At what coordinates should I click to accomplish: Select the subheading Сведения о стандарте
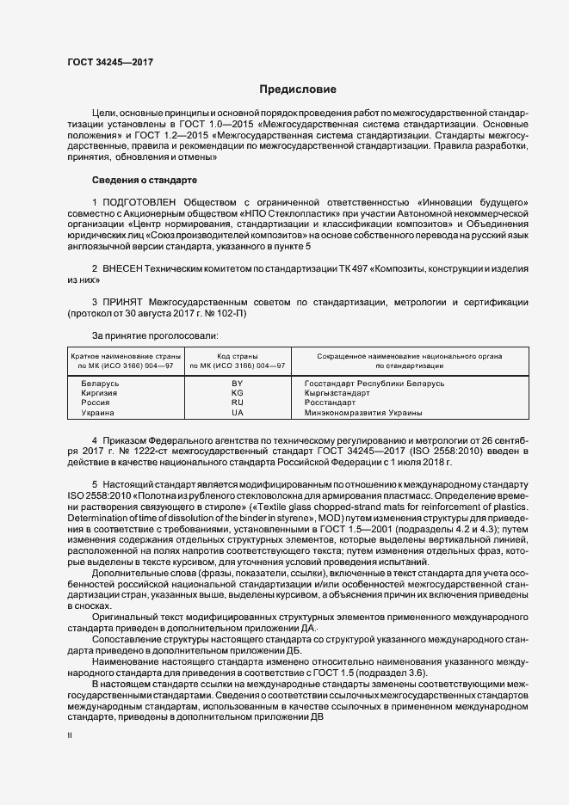coord(145,180)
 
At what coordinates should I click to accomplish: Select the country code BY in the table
coord(238,382)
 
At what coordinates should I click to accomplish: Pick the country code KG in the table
coord(238,392)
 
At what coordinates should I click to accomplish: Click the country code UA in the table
coord(238,413)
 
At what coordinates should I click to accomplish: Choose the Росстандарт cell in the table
coord(330,402)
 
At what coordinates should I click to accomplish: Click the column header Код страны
coord(238,355)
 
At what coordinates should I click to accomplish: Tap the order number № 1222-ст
coord(139,451)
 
